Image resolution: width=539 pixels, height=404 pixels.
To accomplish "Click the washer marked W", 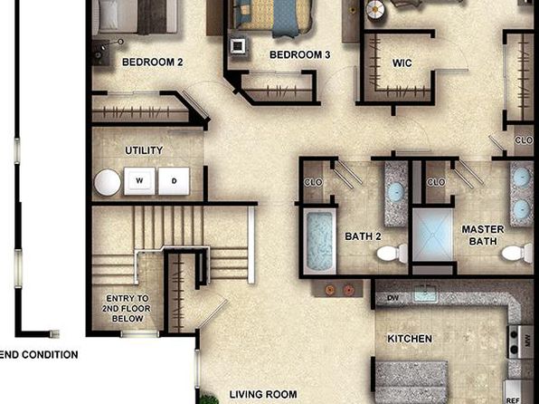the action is [x=139, y=181].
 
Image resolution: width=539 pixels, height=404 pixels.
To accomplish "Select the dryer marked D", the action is [x=174, y=181].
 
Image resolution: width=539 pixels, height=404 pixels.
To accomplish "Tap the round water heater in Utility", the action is [x=108, y=183].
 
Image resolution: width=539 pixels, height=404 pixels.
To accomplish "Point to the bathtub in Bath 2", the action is [x=319, y=241].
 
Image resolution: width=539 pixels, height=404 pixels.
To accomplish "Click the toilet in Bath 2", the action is [x=392, y=254].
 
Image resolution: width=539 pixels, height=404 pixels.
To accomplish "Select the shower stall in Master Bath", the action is [x=432, y=235].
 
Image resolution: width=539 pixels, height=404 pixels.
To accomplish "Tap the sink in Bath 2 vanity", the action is [x=395, y=192].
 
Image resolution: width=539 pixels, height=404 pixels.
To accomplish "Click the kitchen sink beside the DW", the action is [x=425, y=294].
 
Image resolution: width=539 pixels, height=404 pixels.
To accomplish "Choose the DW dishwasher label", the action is [x=392, y=298].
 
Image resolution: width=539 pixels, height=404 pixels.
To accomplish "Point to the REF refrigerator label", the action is [x=513, y=400].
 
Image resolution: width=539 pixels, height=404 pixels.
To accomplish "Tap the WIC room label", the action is [x=402, y=63].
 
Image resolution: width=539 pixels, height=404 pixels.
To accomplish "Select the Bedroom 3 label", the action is [x=299, y=54].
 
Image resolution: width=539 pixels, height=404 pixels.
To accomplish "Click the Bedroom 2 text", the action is [x=152, y=63].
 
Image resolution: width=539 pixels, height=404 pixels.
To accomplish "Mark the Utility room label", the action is [x=144, y=150].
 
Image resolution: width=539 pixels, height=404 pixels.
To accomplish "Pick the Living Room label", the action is [x=263, y=394].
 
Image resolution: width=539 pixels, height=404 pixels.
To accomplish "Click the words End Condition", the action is [x=39, y=355].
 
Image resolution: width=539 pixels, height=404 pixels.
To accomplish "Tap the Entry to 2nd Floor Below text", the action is [x=128, y=309].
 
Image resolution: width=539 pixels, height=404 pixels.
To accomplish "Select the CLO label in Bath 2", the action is [x=313, y=182].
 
